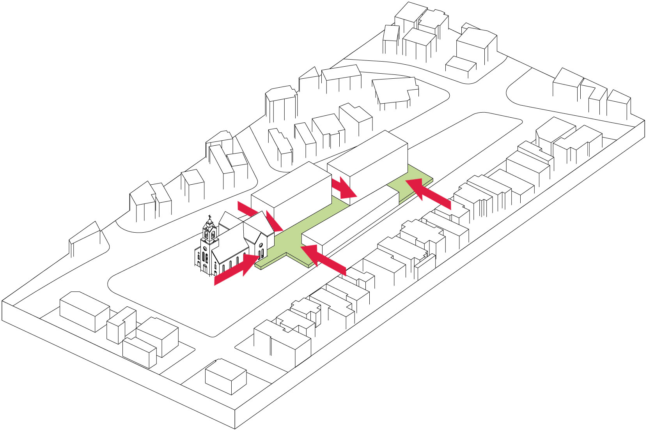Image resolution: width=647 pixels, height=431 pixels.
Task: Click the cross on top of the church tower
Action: pos(209,217)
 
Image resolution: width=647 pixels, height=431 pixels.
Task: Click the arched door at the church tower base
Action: pos(205,268)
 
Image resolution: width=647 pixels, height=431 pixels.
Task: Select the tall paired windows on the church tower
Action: pos(205,258)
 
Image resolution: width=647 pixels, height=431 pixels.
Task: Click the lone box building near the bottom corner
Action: pos(225,376)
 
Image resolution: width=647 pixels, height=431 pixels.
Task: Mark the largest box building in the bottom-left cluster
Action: pos(84,310)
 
